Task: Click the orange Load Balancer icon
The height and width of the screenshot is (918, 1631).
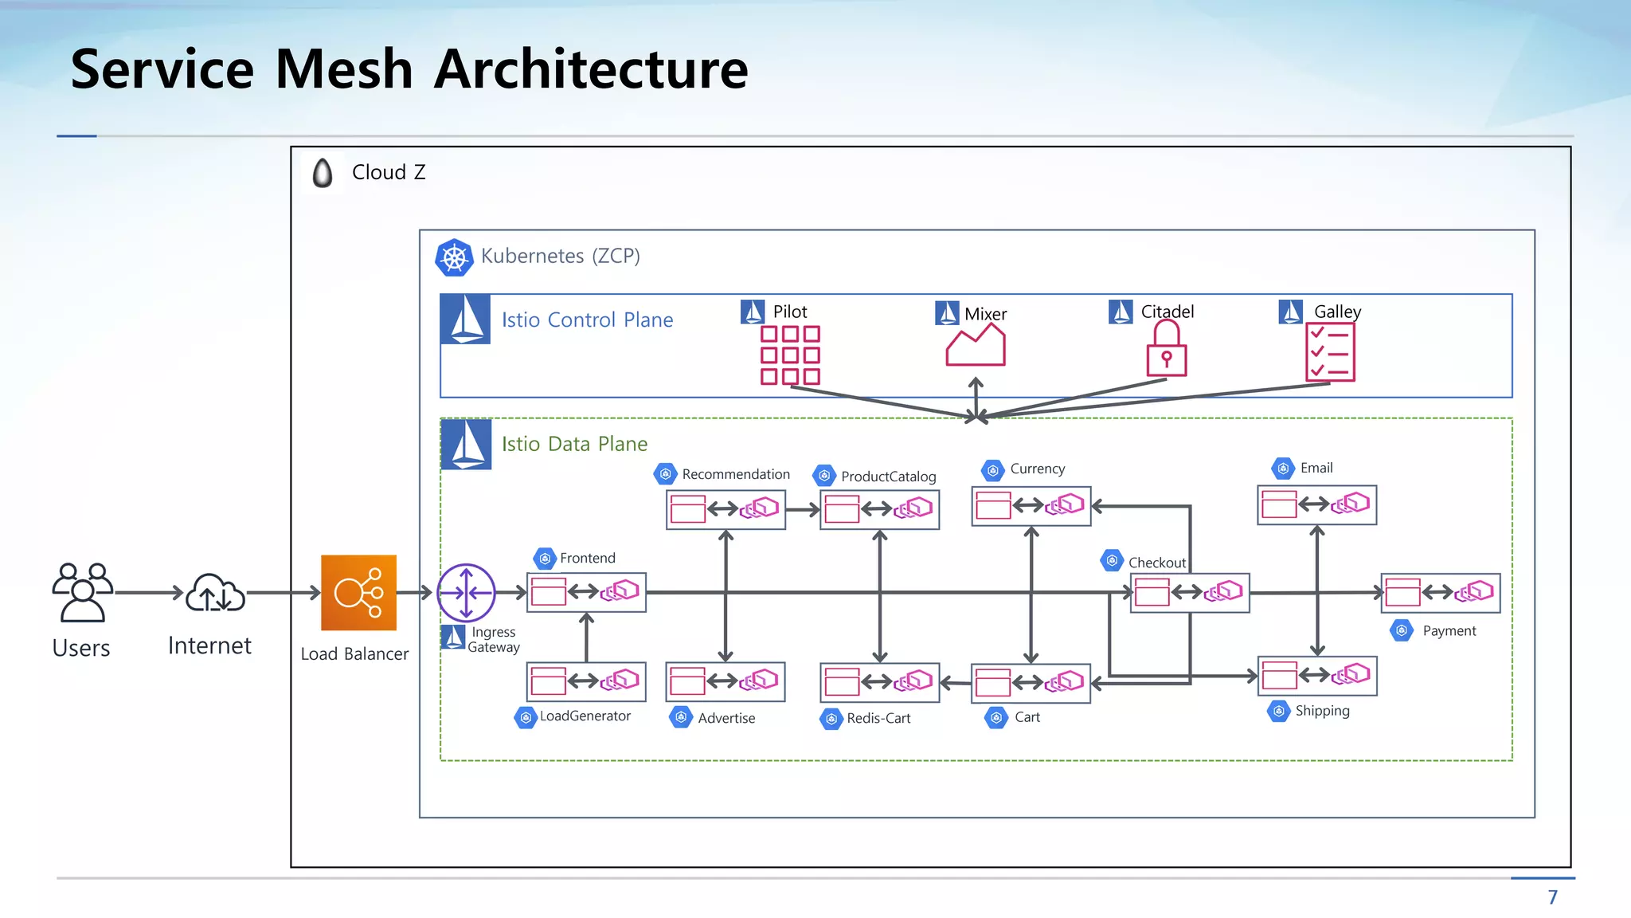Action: coord(358,592)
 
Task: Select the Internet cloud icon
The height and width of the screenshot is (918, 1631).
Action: coord(215,593)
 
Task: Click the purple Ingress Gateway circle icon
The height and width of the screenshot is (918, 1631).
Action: coord(467,592)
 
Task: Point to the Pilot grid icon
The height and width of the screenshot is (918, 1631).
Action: coord(789,355)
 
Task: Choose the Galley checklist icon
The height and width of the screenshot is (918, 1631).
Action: coord(1329,353)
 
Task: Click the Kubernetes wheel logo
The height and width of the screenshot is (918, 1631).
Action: coord(454,257)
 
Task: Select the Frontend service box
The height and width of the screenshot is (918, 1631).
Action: coord(586,592)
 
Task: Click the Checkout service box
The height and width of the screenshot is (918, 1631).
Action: coord(1189,592)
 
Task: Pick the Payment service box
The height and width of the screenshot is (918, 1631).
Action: coord(1440,592)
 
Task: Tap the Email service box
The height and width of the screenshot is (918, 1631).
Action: coord(1316,504)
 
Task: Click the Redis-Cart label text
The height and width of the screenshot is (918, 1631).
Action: coord(878,718)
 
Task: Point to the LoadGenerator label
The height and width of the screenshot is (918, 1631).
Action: coord(585,716)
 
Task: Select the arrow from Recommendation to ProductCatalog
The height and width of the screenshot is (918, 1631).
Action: coord(803,509)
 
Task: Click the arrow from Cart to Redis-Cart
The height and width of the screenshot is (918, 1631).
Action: coord(955,683)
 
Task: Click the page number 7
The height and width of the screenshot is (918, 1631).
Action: coord(1552,897)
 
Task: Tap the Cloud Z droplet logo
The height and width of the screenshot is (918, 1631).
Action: coord(323,173)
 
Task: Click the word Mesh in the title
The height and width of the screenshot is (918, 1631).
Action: coord(343,69)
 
